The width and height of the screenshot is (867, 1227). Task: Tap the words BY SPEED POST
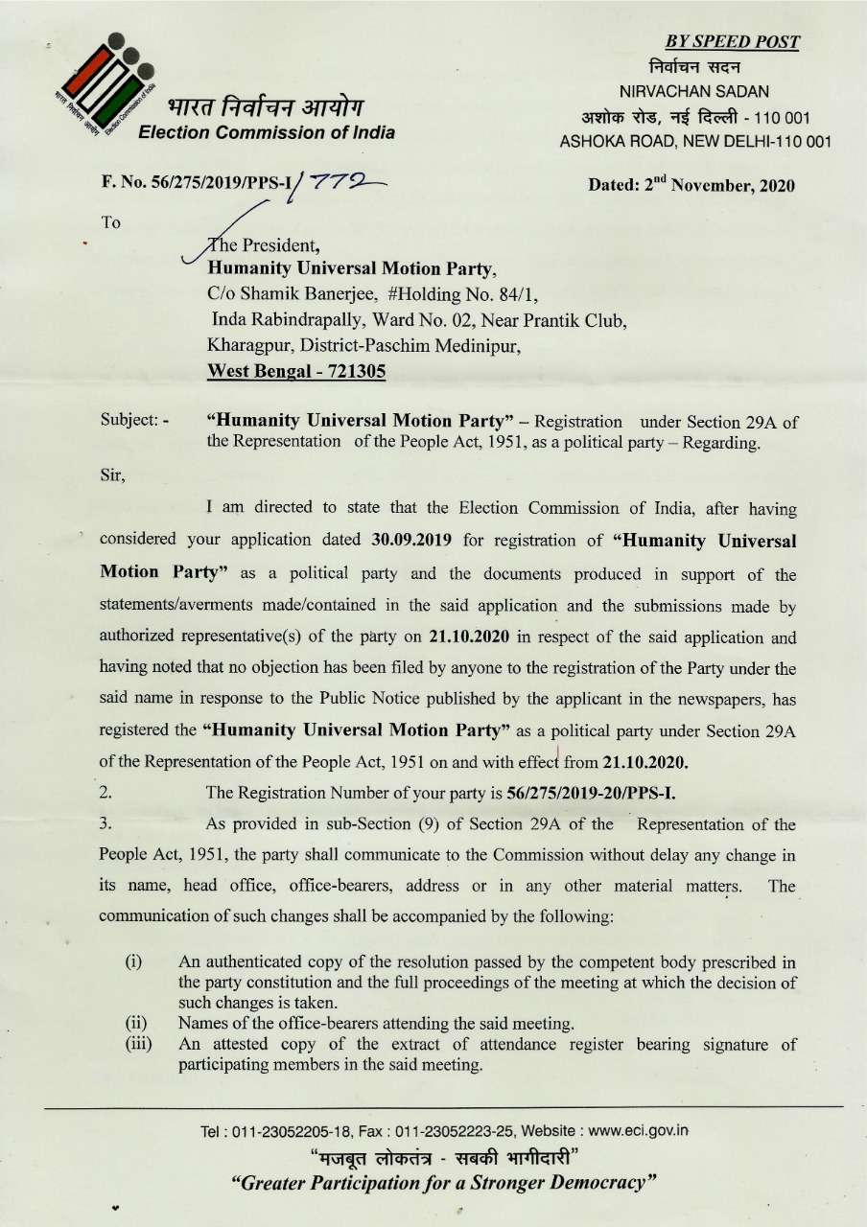(x=733, y=41)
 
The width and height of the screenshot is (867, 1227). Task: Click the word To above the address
(x=111, y=222)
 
